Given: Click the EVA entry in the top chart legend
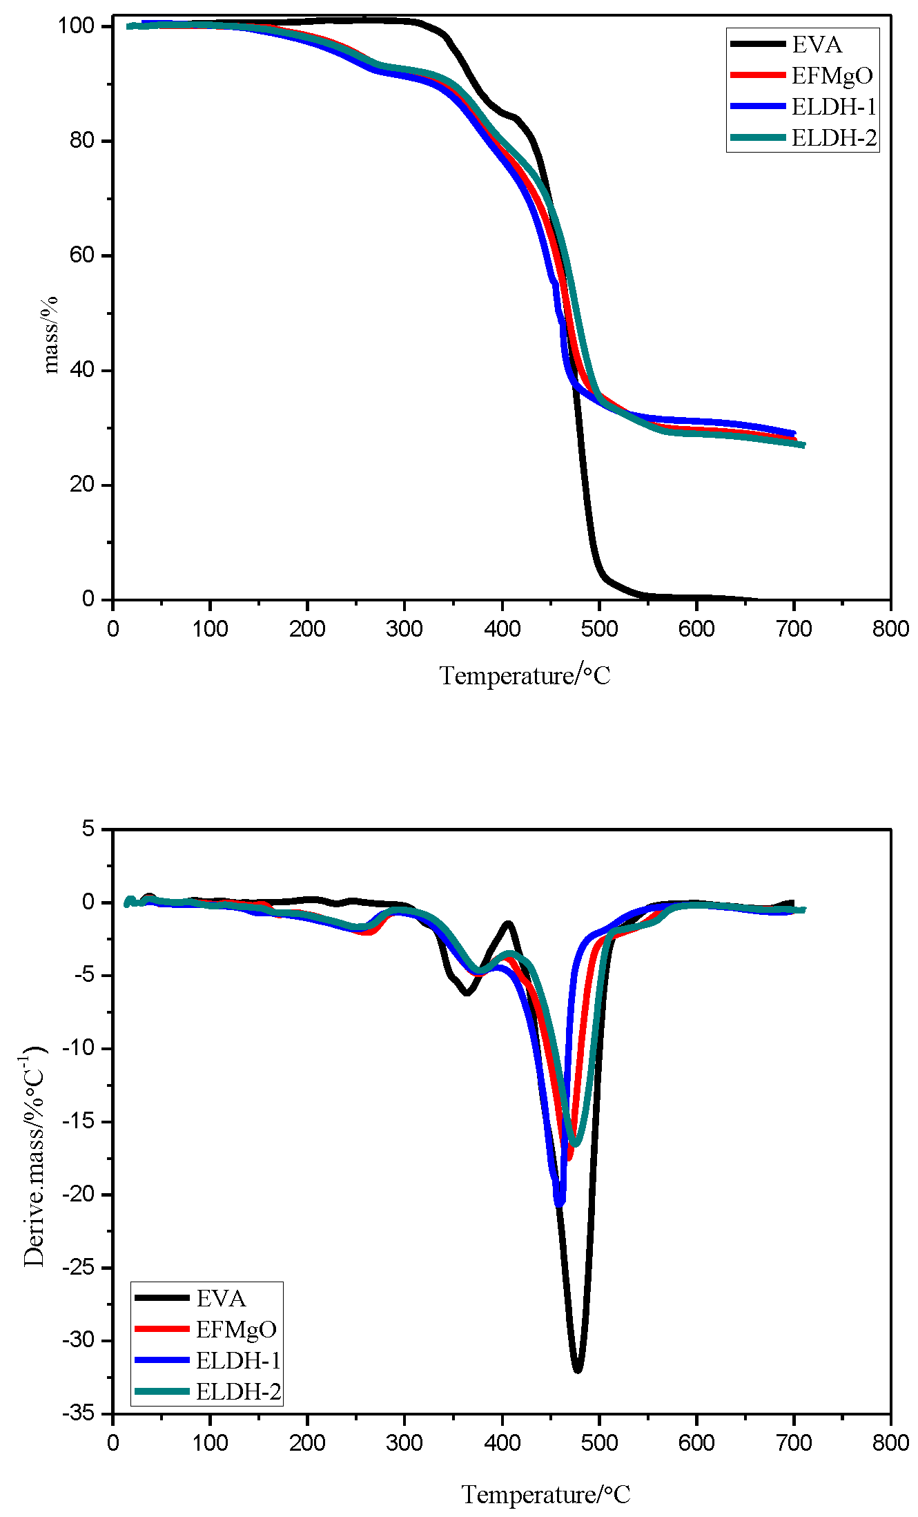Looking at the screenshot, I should point(817,45).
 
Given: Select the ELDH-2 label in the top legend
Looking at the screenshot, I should point(834,138).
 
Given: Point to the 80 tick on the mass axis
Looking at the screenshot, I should point(81,140).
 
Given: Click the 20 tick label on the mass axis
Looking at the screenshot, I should point(81,484).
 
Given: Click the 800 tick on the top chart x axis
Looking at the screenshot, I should point(890,629).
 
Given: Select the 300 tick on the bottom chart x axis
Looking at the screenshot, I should point(404,1442).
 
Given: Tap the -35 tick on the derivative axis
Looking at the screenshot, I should point(78,1413).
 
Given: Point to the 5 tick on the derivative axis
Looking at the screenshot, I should point(88,828).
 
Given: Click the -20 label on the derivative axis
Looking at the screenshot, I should point(78,1195).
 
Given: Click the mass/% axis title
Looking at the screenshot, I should point(50,335).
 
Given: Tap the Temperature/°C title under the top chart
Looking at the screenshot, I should point(525,675).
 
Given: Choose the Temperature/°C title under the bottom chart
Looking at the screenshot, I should point(545,1494).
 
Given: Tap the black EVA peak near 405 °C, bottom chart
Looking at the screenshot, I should point(508,923).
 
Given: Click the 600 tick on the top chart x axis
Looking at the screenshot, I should point(696,629).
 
